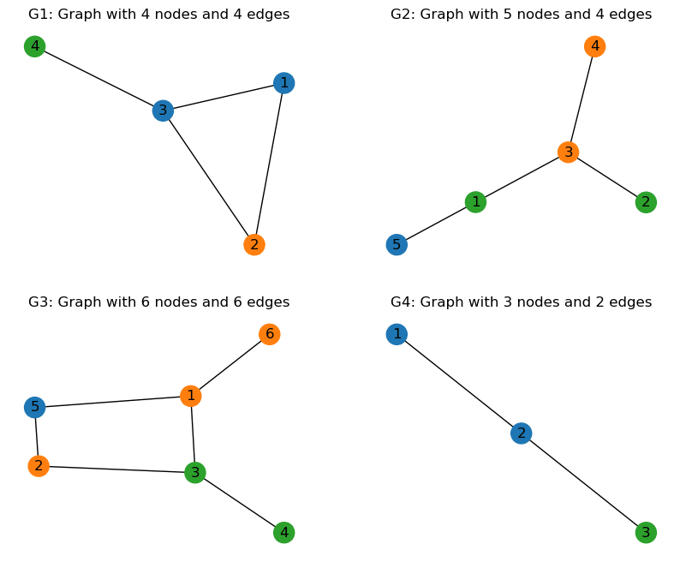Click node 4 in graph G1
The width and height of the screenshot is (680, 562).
point(34,46)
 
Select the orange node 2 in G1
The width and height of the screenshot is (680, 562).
point(254,245)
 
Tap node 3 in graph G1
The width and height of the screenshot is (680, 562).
point(163,111)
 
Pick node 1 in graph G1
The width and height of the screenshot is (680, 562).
point(283,83)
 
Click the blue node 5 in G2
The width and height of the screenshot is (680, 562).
point(396,245)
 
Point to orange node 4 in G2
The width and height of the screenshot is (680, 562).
point(594,46)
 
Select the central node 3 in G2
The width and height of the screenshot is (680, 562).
point(568,152)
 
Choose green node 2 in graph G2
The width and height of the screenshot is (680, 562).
point(646,203)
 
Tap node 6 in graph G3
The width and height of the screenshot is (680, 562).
point(269,334)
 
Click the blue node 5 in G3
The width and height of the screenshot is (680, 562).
point(34,408)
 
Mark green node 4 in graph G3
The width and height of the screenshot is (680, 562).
point(283,533)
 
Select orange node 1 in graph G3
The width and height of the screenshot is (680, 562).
point(191,396)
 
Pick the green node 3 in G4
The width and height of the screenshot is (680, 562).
point(646,533)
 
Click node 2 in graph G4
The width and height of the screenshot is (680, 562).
point(521,433)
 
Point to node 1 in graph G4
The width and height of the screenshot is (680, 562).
point(396,334)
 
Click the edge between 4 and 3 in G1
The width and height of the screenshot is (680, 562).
point(98,78)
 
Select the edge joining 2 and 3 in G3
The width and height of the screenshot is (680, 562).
point(116,469)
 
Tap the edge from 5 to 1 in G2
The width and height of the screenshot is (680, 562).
point(435,224)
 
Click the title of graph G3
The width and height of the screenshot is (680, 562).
point(158,302)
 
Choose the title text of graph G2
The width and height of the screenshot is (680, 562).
point(521,15)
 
